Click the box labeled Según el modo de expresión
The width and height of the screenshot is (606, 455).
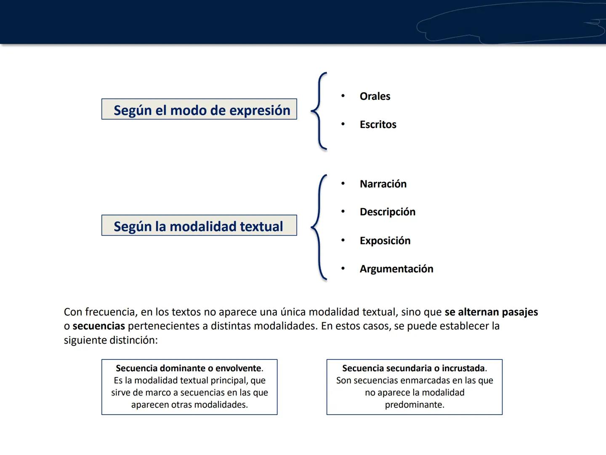(199, 110)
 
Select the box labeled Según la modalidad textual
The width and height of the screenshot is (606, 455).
(199, 226)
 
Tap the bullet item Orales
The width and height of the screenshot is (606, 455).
(375, 96)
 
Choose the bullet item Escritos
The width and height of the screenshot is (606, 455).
(377, 125)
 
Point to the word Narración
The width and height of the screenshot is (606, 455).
(383, 184)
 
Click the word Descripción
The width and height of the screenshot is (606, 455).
(387, 212)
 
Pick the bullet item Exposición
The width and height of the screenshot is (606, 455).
(385, 241)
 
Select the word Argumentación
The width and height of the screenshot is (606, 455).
(396, 269)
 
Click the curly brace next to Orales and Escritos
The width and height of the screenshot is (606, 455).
(319, 111)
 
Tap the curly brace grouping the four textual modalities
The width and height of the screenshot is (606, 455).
(319, 227)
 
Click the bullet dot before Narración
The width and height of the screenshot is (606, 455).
(343, 184)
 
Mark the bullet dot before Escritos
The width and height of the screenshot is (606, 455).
(343, 124)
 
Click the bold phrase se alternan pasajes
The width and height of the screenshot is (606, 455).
(491, 312)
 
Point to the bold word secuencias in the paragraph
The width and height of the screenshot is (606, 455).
(98, 326)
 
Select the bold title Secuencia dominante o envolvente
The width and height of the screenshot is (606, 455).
(188, 368)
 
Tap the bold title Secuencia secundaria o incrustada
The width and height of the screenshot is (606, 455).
(413, 368)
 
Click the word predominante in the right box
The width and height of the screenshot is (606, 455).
(414, 405)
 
